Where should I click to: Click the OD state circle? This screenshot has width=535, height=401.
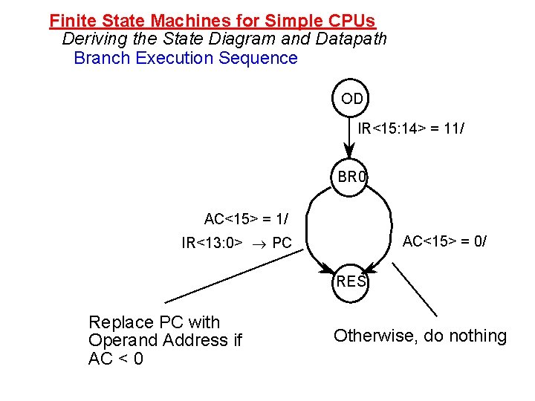click(351, 99)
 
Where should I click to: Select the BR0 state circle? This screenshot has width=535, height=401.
click(351, 177)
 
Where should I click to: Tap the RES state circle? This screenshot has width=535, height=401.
click(351, 282)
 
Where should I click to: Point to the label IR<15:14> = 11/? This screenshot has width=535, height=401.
click(412, 129)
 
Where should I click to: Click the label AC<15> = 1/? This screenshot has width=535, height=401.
click(247, 219)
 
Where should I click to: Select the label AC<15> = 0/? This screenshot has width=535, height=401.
click(444, 241)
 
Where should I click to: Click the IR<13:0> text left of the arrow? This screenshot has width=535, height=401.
click(212, 242)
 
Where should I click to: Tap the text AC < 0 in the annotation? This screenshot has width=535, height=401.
click(116, 359)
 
